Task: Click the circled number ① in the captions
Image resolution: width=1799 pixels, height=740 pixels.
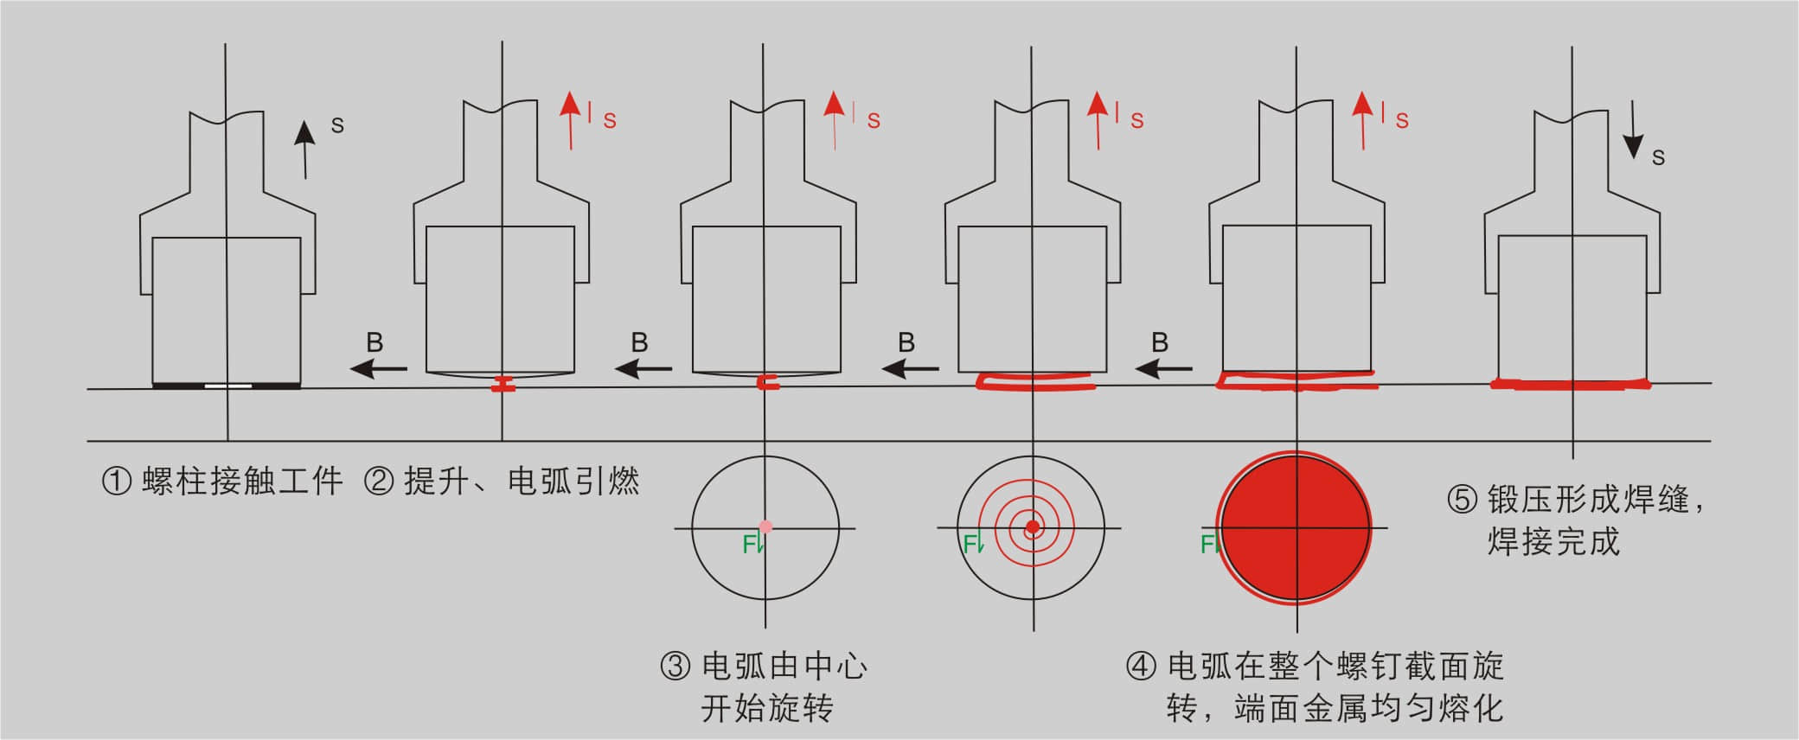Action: [x=117, y=481]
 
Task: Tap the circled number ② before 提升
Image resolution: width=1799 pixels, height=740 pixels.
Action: [x=378, y=481]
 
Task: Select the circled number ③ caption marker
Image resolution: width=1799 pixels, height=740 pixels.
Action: [x=675, y=667]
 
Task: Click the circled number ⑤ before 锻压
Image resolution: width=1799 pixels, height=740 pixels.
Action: [x=1463, y=500]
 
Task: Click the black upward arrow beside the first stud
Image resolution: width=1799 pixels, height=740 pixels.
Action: [x=304, y=150]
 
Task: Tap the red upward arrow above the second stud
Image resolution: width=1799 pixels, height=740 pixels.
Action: [x=570, y=120]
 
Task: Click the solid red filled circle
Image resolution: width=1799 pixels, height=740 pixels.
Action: [x=1295, y=526]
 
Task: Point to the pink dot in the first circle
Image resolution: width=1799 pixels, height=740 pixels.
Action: [x=765, y=526]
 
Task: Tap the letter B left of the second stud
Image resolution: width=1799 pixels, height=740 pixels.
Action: [x=375, y=343]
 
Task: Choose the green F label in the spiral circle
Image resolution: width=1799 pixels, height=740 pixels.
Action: [x=971, y=544]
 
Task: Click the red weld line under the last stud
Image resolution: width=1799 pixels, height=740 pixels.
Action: [x=1570, y=384]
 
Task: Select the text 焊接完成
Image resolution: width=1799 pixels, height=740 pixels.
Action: [x=1553, y=542]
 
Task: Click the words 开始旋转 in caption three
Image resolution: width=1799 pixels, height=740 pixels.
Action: [x=766, y=709]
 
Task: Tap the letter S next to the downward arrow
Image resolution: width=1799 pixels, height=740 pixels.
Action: [x=1658, y=157]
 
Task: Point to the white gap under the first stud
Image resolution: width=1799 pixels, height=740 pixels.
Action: [x=228, y=386]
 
